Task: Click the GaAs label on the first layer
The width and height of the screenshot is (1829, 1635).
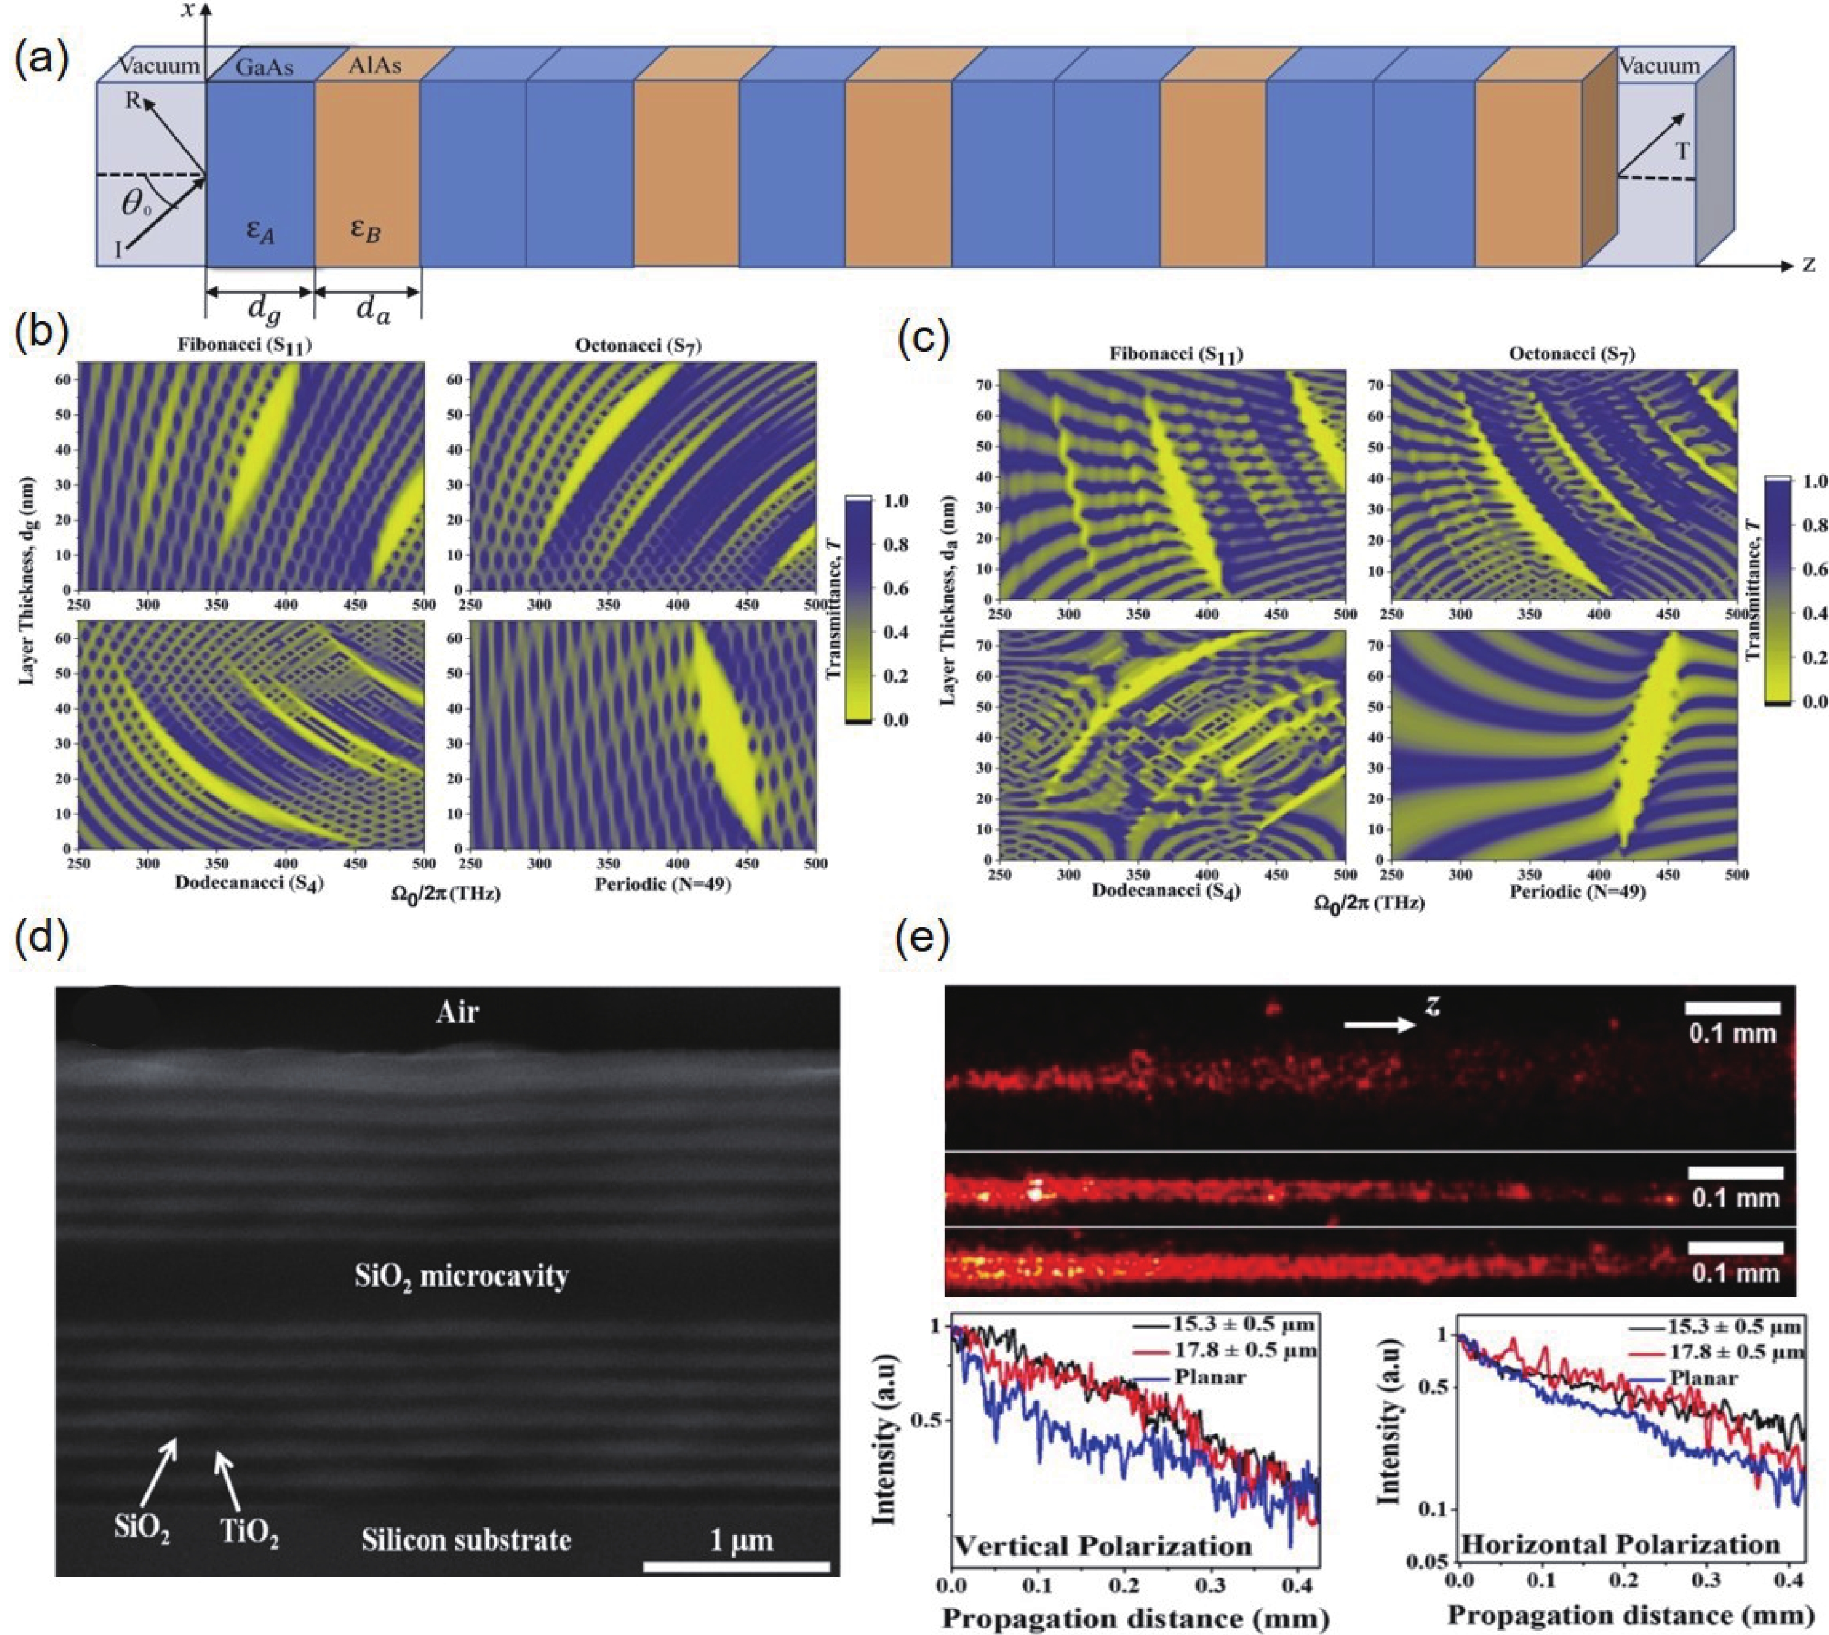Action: [x=264, y=66]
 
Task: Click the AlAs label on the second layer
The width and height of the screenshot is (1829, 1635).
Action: [x=375, y=66]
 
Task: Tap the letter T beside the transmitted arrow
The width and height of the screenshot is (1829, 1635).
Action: [x=1682, y=151]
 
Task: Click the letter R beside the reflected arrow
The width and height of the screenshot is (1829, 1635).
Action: [x=133, y=100]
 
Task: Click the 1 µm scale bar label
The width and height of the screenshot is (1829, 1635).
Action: [x=741, y=1541]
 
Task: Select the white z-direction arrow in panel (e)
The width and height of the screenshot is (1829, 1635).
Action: [x=1379, y=1025]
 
